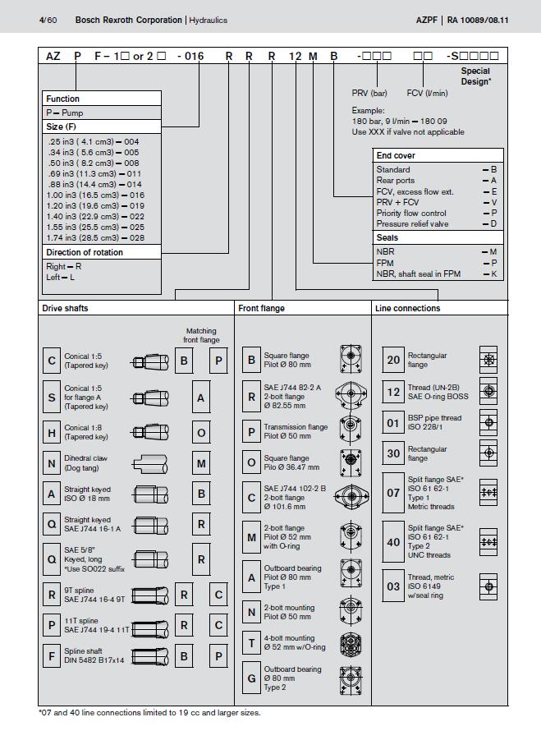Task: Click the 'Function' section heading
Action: (62, 99)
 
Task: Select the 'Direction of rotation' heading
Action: (85, 252)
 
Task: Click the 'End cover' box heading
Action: (396, 155)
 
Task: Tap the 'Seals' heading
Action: (387, 237)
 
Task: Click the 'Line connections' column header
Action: (407, 308)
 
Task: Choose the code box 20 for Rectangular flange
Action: (393, 360)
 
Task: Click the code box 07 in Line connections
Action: (393, 494)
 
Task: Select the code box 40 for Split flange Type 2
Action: (393, 541)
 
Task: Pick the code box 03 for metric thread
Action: (393, 586)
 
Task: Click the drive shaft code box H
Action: (53, 432)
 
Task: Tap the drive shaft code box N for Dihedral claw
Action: (53, 463)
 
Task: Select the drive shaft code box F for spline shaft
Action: (53, 656)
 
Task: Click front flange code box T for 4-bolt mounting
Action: (251, 643)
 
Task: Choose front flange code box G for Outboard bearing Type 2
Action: (251, 679)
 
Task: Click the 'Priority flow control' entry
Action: (411, 213)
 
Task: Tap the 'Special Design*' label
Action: (475, 76)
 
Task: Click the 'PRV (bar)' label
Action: (369, 93)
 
